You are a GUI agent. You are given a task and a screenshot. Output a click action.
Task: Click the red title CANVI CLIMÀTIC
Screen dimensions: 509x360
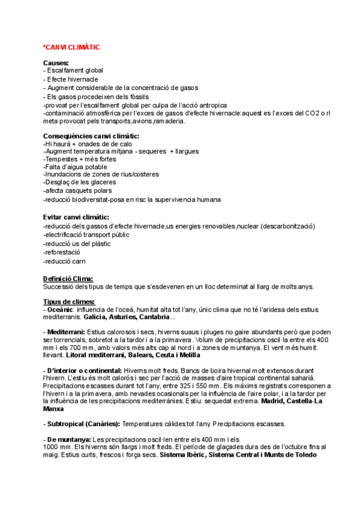[x=72, y=47]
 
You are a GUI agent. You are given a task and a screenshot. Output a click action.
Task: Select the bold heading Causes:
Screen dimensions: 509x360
[x=56, y=62]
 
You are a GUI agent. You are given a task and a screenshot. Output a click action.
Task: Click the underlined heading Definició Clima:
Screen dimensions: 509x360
[x=68, y=279]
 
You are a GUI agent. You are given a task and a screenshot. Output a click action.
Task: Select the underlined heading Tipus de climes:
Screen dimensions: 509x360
[x=68, y=301]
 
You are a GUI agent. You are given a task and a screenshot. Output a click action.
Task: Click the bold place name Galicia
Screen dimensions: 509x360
[x=97, y=317]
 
